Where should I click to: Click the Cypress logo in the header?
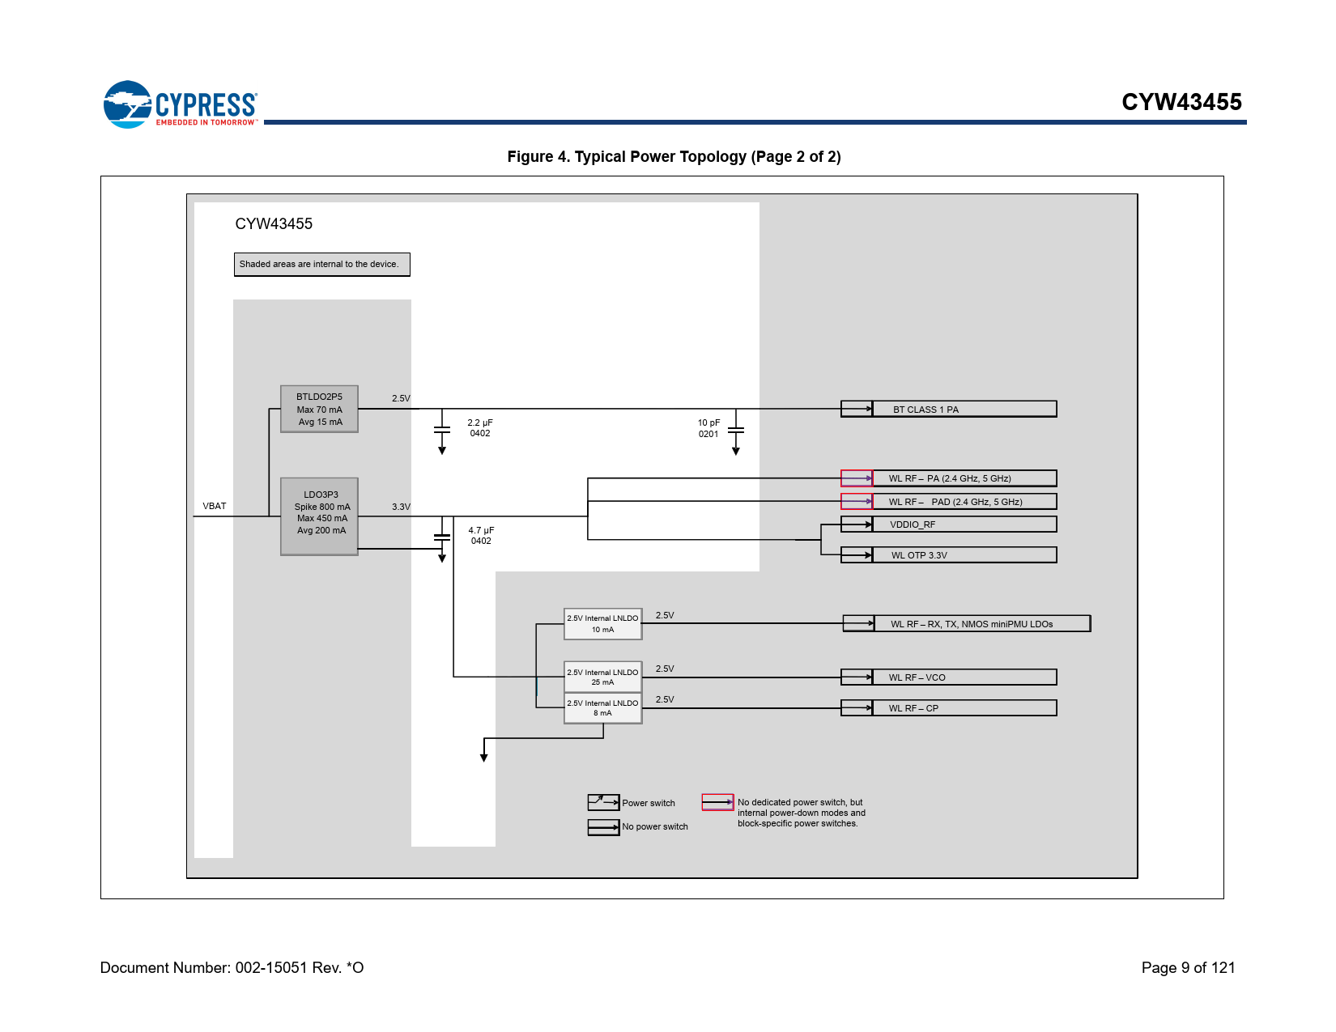180,104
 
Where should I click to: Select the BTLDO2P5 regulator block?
319,409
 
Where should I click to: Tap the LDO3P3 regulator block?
319,516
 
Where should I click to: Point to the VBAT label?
215,506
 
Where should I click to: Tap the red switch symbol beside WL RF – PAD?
857,502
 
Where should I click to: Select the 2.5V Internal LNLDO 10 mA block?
602,624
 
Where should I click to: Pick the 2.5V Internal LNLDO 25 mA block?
602,677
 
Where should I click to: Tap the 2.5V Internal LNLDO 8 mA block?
602,708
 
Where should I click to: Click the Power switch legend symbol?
603,802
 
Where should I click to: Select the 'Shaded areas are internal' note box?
321,265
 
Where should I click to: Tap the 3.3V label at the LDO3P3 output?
401,507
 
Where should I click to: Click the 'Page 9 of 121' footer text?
1188,967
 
